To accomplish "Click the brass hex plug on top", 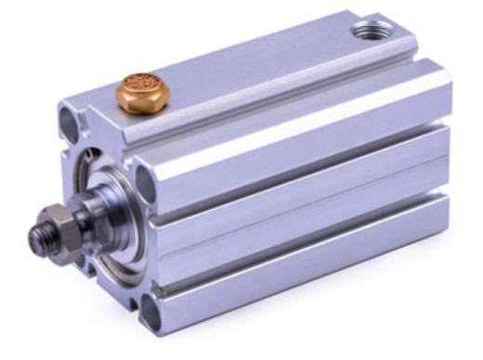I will click(x=143, y=93).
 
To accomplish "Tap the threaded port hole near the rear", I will click(x=373, y=32).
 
